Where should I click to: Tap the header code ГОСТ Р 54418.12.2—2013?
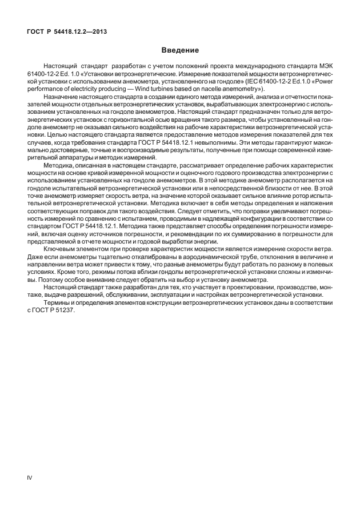pyautogui.click(x=67, y=31)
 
